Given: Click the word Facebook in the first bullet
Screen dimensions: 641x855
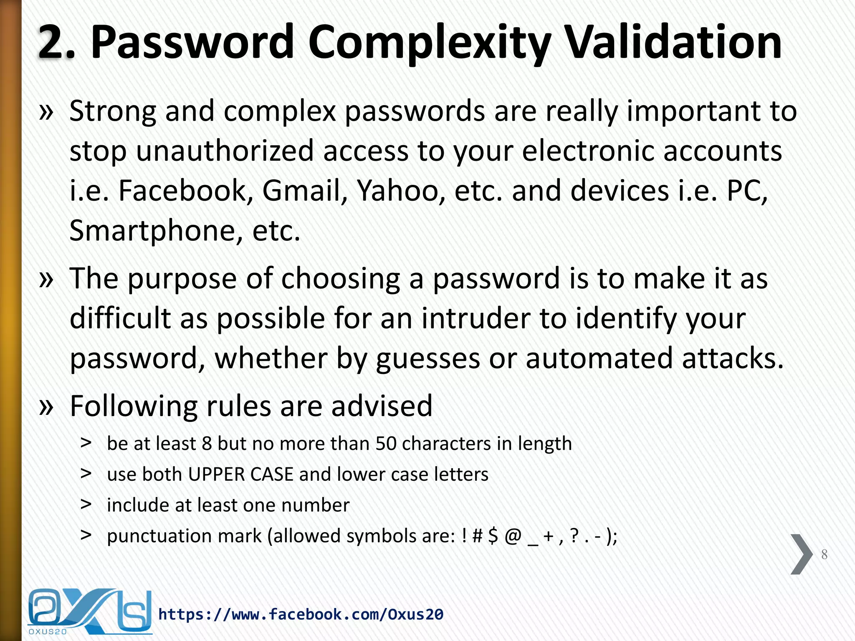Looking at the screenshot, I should point(183,191).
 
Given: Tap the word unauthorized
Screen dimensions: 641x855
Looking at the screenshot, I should point(225,151).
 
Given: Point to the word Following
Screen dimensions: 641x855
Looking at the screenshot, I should point(134,406).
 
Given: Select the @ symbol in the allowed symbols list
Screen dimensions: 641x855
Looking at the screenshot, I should point(513,536).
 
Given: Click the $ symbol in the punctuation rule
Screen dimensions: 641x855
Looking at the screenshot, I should point(493,536).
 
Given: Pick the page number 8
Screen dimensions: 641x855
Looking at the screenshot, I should point(824,554).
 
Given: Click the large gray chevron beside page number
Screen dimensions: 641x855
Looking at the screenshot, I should point(801,554).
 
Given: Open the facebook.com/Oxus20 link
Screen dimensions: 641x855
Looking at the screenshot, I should point(301,614).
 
